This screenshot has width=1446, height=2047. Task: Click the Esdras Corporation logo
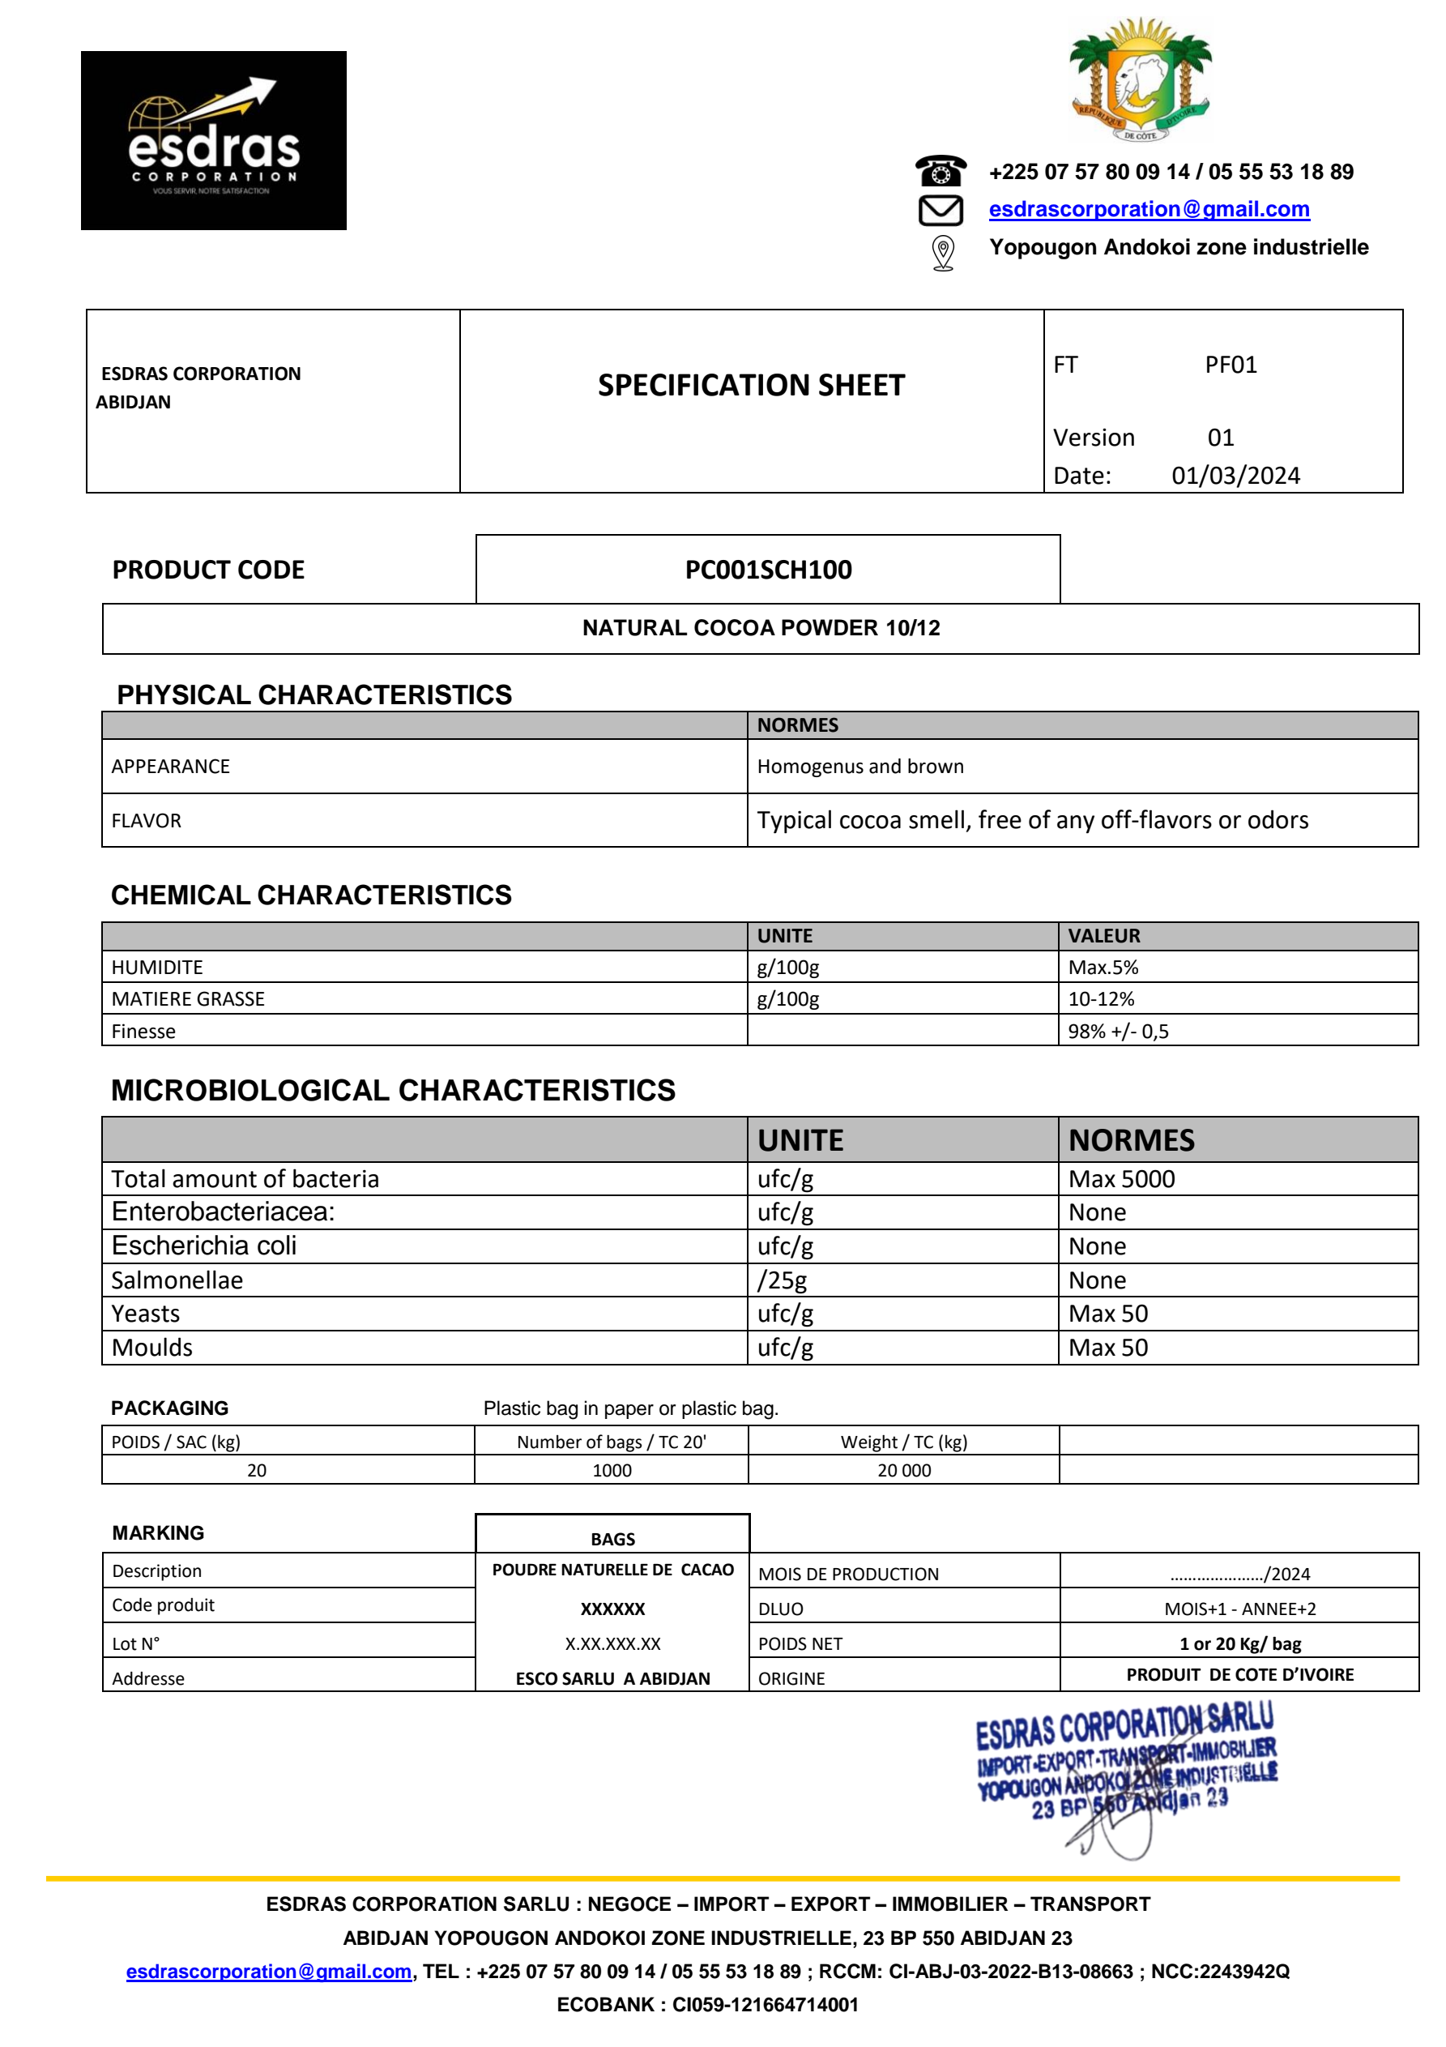[x=213, y=140]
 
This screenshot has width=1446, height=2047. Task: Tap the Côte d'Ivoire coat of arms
[x=1141, y=80]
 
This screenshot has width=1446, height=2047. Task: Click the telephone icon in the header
[x=941, y=170]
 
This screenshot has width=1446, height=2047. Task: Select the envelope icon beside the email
[x=941, y=211]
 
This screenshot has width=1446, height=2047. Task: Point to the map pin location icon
[x=942, y=252]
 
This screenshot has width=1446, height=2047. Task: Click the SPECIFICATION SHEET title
[x=751, y=385]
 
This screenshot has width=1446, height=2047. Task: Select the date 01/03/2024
[x=1235, y=475]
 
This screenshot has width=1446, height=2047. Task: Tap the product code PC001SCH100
[x=768, y=570]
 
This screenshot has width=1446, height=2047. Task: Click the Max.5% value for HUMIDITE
[x=1103, y=968]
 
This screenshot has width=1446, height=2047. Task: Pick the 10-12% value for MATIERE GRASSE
[x=1101, y=998]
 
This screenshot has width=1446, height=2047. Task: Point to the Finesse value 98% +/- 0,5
[x=1118, y=1032]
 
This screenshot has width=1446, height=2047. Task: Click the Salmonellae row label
[x=177, y=1280]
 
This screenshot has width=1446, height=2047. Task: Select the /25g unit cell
[x=782, y=1280]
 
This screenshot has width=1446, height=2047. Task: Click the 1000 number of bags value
[x=612, y=1470]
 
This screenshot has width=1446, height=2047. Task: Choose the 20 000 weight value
[x=903, y=1470]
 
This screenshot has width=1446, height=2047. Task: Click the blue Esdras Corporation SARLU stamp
[x=1126, y=1761]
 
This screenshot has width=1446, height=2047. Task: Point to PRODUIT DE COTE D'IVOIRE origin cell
[x=1239, y=1674]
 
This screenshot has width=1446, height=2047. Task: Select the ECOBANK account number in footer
[x=765, y=2004]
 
